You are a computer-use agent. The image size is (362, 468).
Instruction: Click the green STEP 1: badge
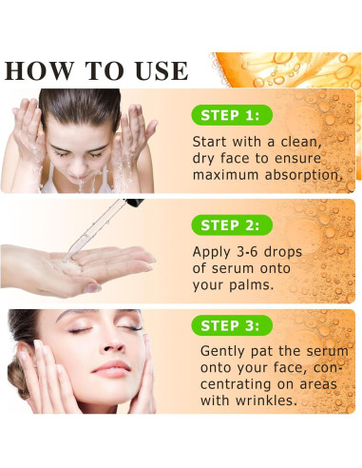[x=229, y=115]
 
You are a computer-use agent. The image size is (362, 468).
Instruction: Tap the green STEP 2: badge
[x=229, y=224]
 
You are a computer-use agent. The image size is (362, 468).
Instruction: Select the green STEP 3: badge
[x=229, y=325]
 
